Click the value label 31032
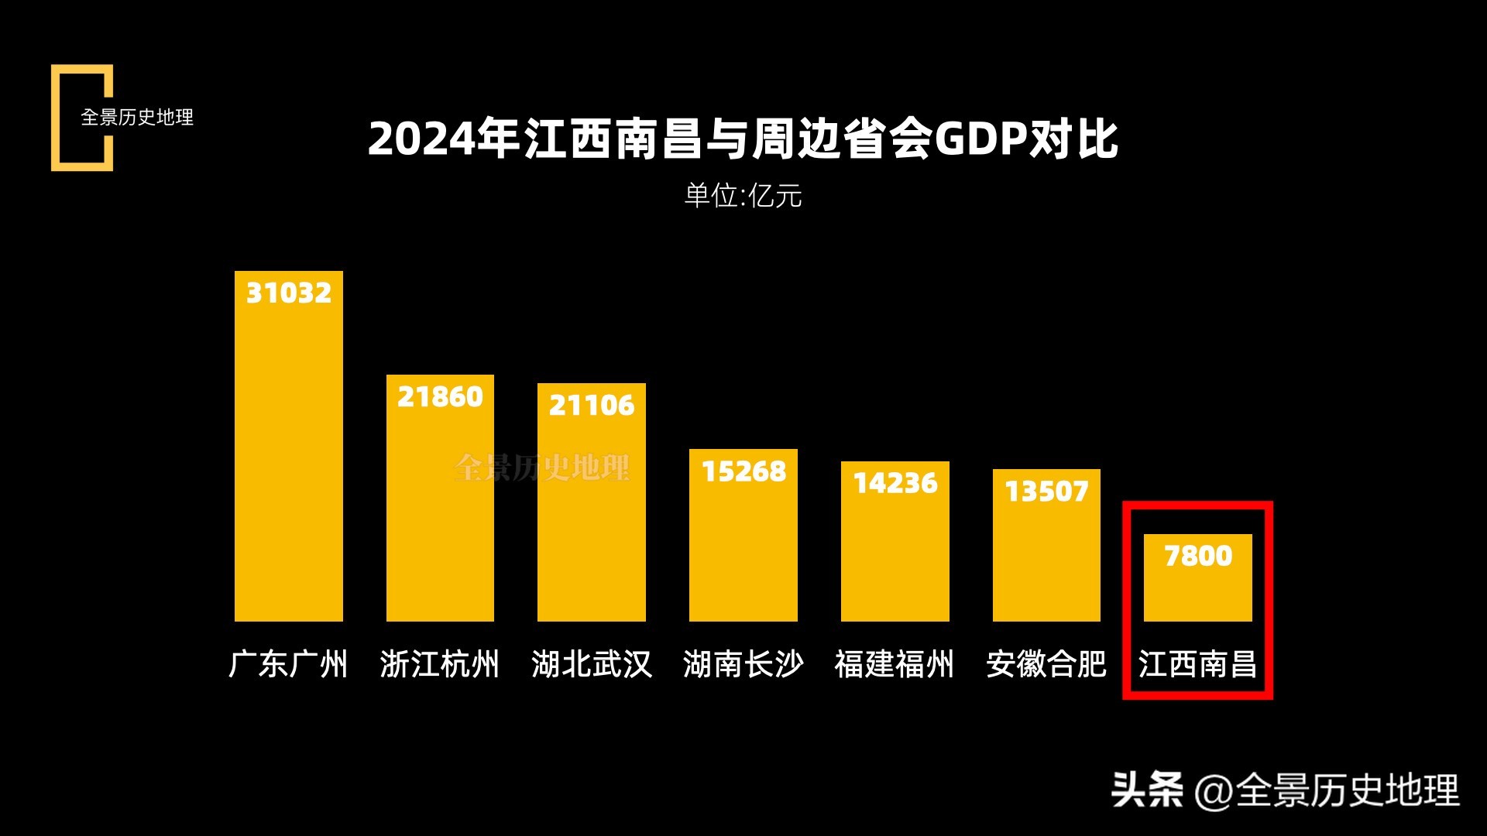pos(288,293)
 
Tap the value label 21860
pos(440,397)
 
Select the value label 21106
pos(592,405)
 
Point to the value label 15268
pos(743,471)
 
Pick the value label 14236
pos(895,483)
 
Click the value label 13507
pos(1046,491)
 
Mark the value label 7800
pos(1198,556)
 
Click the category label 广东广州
pos(288,664)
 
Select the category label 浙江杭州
pos(440,664)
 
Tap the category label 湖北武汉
pos(592,664)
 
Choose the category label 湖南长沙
pos(743,664)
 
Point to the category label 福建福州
pos(895,664)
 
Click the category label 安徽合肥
pos(1046,664)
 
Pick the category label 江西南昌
pos(1198,664)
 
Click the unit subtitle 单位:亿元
pos(743,196)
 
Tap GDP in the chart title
pos(981,139)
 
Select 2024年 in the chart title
pos(443,139)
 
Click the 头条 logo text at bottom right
pos(1147,790)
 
